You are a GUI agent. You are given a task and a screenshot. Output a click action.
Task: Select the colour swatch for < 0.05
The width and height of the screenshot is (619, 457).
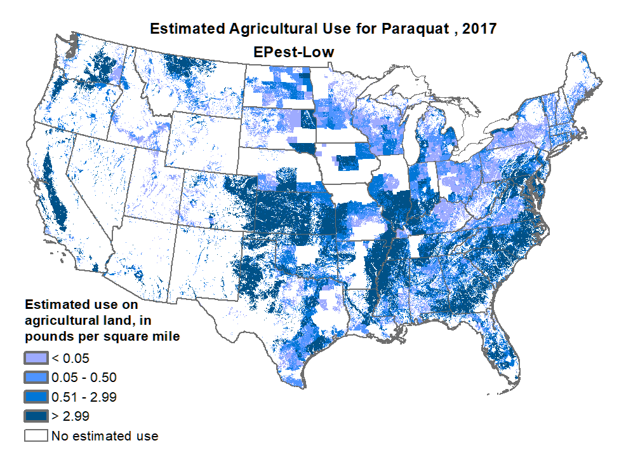click(x=36, y=358)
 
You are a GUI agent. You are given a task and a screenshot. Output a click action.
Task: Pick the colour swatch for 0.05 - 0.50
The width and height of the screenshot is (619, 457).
click(x=36, y=378)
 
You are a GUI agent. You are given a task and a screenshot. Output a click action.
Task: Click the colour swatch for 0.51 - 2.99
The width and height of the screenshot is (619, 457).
click(x=36, y=397)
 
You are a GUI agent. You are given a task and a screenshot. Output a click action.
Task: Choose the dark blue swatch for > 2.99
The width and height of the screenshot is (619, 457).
click(x=36, y=417)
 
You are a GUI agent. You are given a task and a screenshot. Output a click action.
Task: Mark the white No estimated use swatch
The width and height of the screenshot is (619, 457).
click(x=36, y=437)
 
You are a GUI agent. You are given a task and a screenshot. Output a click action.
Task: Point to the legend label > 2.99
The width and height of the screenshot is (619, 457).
click(x=70, y=417)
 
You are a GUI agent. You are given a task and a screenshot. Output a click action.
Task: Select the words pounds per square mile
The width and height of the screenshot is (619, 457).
click(x=102, y=337)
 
